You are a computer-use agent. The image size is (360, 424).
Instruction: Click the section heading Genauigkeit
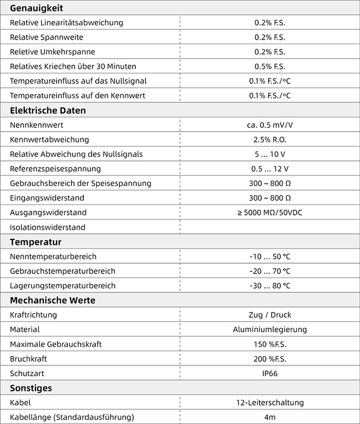coord(37,8)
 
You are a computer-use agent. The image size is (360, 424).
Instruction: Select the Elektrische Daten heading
coord(48,110)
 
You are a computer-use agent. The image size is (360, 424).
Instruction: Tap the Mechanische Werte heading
coord(52,300)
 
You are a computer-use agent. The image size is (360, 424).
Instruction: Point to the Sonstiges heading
coord(31,388)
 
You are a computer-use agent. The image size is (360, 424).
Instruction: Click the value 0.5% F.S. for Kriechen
coord(269,66)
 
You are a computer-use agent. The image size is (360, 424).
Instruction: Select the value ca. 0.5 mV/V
coord(269,125)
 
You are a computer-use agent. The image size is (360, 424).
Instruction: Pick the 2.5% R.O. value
coord(269,139)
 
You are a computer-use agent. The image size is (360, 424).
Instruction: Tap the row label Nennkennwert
coord(37,125)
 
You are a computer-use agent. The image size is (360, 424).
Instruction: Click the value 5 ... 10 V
coord(269,154)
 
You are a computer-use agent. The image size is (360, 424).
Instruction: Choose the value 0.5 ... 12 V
coord(269,169)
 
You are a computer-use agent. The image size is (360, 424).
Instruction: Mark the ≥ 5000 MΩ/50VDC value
coord(269,212)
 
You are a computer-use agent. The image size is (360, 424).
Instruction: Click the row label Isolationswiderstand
coord(48,227)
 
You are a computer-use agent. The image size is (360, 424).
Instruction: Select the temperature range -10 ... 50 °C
coord(269,256)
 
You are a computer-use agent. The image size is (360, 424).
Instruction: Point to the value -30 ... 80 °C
coord(269,286)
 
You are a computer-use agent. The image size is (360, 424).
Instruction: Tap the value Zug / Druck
coord(269,315)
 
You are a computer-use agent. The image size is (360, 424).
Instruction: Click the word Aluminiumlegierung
coord(269,329)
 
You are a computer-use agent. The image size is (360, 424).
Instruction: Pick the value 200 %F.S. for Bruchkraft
coord(269,359)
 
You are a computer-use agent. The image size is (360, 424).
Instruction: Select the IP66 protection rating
coord(269,373)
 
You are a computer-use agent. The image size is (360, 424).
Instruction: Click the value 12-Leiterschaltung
coord(269,402)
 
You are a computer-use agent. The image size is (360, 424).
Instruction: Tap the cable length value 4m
coord(269,417)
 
